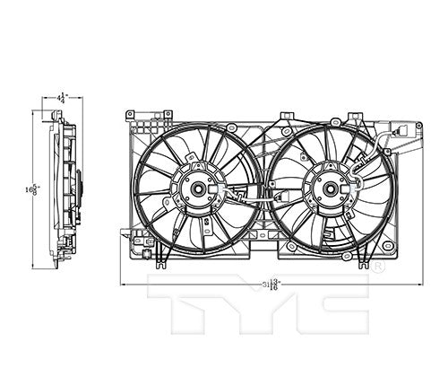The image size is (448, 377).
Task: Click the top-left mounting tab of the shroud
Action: pyautogui.click(x=131, y=115)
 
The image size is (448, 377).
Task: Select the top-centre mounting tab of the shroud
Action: pyautogui.click(x=286, y=116)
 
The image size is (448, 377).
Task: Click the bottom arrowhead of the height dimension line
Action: pyautogui.click(x=36, y=266)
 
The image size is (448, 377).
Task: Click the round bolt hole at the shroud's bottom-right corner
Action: pyautogui.click(x=387, y=245)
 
